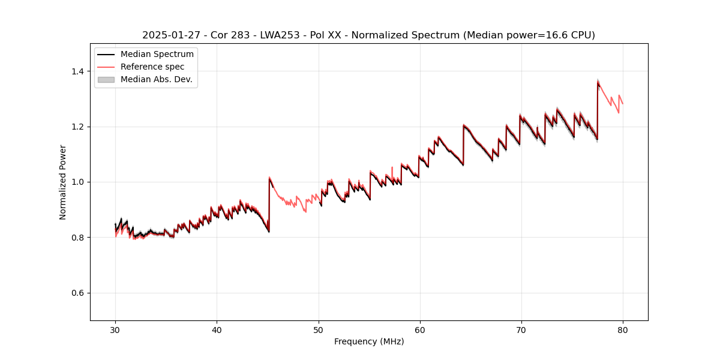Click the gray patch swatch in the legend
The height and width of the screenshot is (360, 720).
pyautogui.click(x=106, y=79)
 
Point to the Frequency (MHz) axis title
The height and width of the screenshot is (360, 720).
pyautogui.click(x=369, y=341)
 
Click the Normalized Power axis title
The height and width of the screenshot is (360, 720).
pyautogui.click(x=63, y=182)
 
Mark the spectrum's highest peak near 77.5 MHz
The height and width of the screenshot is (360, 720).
pyautogui.click(x=598, y=81)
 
